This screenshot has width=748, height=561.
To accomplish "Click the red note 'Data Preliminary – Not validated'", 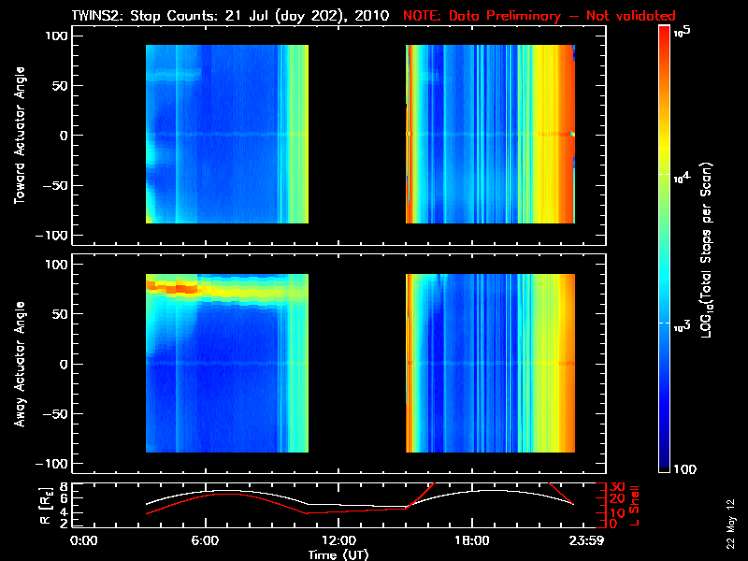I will coord(539,16).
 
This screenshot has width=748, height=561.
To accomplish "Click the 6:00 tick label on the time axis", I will coord(206,540).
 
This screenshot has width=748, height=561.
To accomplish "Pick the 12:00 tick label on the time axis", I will coord(338,540).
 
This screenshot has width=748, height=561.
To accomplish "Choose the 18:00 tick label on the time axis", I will coord(471,540).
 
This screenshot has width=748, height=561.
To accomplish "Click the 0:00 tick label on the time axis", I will coord(83,540).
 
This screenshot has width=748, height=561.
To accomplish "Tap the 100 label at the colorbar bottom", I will coord(683,467).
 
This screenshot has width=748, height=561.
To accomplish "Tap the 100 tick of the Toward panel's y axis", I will coord(56,35).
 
